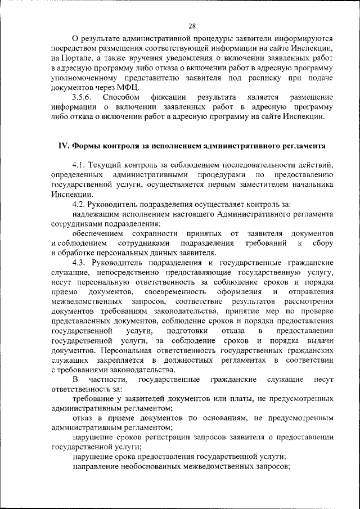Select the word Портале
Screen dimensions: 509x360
tap(76, 58)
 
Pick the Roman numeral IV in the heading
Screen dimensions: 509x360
tap(64, 145)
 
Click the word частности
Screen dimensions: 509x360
tap(110, 380)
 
